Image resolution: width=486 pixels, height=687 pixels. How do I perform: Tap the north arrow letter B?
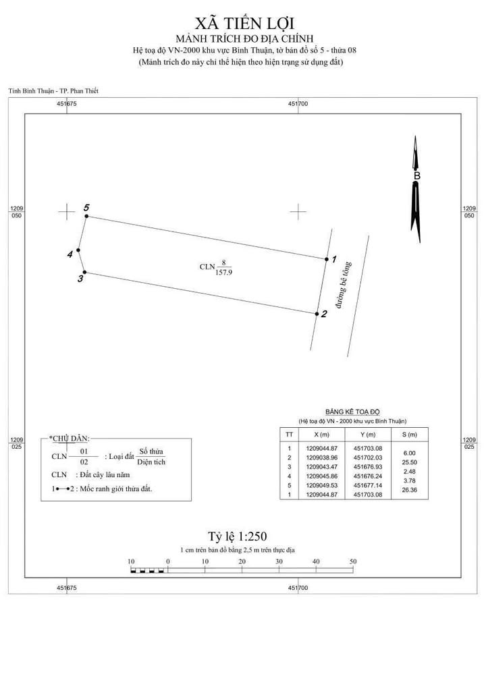[416, 176]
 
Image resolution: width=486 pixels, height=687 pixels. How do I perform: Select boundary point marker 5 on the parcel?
[86, 217]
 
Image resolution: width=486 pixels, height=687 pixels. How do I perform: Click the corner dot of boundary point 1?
[325, 258]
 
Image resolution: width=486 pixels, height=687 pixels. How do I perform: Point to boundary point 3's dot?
[84, 272]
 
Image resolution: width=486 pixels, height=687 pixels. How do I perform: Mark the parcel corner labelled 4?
[79, 250]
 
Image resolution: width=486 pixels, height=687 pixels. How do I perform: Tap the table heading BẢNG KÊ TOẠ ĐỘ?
[353, 411]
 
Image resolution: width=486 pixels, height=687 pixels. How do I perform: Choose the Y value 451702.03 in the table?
[368, 458]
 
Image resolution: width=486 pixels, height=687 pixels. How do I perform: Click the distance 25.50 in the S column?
[409, 462]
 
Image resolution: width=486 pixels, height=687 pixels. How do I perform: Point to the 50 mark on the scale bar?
[352, 561]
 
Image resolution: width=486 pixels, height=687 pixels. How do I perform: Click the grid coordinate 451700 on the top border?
[298, 104]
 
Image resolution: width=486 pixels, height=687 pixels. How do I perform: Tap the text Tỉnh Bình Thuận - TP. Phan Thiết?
[48, 90]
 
